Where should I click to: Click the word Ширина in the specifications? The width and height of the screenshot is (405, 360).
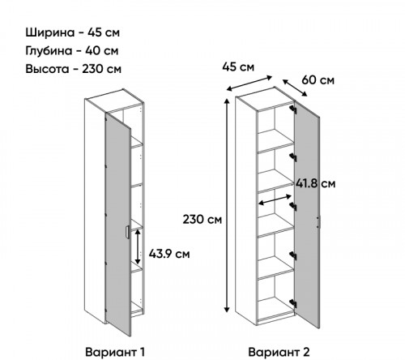click(x=50, y=32)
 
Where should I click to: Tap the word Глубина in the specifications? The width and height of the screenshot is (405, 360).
click(x=49, y=51)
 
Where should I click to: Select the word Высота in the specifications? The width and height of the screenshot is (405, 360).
click(x=47, y=69)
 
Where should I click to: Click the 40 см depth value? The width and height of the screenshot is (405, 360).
click(x=102, y=51)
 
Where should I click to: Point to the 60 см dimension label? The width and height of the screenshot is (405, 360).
click(x=318, y=80)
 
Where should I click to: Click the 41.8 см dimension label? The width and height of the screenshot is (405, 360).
click(x=316, y=183)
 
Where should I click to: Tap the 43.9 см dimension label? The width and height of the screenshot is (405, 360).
click(x=169, y=254)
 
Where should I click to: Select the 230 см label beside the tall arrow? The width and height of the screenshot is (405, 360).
click(x=202, y=219)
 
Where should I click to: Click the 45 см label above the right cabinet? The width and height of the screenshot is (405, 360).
click(x=238, y=67)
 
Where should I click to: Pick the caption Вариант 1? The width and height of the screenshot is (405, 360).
click(x=115, y=352)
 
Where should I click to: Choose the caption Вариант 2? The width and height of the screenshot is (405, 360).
click(x=279, y=352)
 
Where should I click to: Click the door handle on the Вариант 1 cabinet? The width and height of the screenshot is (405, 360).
click(x=127, y=233)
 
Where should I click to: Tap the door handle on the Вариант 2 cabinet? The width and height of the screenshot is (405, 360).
click(x=318, y=222)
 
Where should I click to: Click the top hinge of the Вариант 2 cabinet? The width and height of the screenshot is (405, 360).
click(x=293, y=109)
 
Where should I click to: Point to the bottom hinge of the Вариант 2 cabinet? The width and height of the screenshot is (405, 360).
click(x=293, y=303)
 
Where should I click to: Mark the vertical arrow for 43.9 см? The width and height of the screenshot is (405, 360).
click(x=138, y=246)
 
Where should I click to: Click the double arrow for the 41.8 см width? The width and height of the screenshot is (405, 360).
click(x=275, y=199)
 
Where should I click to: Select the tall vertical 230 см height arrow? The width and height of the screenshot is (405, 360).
click(x=227, y=206)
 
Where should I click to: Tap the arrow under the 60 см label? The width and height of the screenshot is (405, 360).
click(x=295, y=88)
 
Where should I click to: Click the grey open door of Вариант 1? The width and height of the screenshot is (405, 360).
click(x=118, y=225)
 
